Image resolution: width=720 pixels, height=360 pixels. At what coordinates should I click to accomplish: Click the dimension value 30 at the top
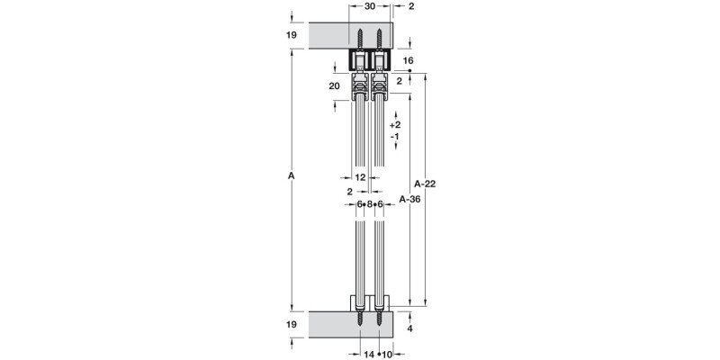(370, 7)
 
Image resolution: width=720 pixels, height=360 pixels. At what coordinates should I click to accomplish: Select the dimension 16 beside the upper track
(408, 60)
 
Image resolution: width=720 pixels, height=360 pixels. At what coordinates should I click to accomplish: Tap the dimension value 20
(335, 86)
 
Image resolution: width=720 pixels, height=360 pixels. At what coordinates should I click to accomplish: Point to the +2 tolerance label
(395, 124)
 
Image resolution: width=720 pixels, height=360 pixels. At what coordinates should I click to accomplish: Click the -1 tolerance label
(395, 136)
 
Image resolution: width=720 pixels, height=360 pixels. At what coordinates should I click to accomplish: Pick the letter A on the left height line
(292, 176)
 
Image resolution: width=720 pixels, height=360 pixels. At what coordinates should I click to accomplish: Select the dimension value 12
(361, 177)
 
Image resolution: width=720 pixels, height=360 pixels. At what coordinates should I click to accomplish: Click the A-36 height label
(410, 199)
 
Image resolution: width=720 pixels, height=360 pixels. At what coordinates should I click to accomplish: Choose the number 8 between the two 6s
(370, 205)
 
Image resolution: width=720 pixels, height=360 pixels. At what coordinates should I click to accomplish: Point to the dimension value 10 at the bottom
(387, 354)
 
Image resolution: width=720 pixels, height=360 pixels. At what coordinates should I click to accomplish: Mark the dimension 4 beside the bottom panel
(409, 330)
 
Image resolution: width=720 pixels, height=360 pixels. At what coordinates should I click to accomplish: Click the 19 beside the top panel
(292, 35)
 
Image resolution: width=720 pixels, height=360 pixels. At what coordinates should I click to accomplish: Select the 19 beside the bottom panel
(292, 324)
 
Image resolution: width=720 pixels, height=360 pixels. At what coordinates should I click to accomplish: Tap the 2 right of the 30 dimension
(410, 7)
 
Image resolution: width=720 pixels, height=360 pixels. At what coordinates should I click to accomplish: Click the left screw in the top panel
(360, 41)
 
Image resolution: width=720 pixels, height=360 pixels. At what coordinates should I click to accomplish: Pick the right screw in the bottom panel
(379, 320)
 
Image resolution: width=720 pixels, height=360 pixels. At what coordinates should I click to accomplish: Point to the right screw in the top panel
(380, 41)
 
